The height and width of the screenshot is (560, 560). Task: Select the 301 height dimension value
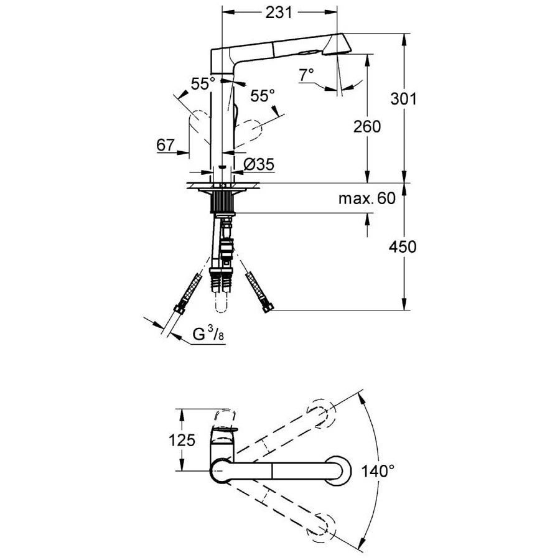pyautogui.click(x=403, y=99)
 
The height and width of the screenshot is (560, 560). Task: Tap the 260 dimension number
pyautogui.click(x=367, y=126)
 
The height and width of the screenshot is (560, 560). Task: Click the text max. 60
pyautogui.click(x=366, y=199)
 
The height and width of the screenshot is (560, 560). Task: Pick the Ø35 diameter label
pyautogui.click(x=258, y=164)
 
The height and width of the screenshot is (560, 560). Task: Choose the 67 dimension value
pyautogui.click(x=165, y=145)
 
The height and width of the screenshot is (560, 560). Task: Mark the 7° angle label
pyautogui.click(x=306, y=75)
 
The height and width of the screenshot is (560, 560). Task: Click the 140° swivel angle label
pyautogui.click(x=378, y=470)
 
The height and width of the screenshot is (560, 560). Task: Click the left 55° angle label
pyautogui.click(x=203, y=84)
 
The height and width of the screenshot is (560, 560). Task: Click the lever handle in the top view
pyautogui.click(x=225, y=429)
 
